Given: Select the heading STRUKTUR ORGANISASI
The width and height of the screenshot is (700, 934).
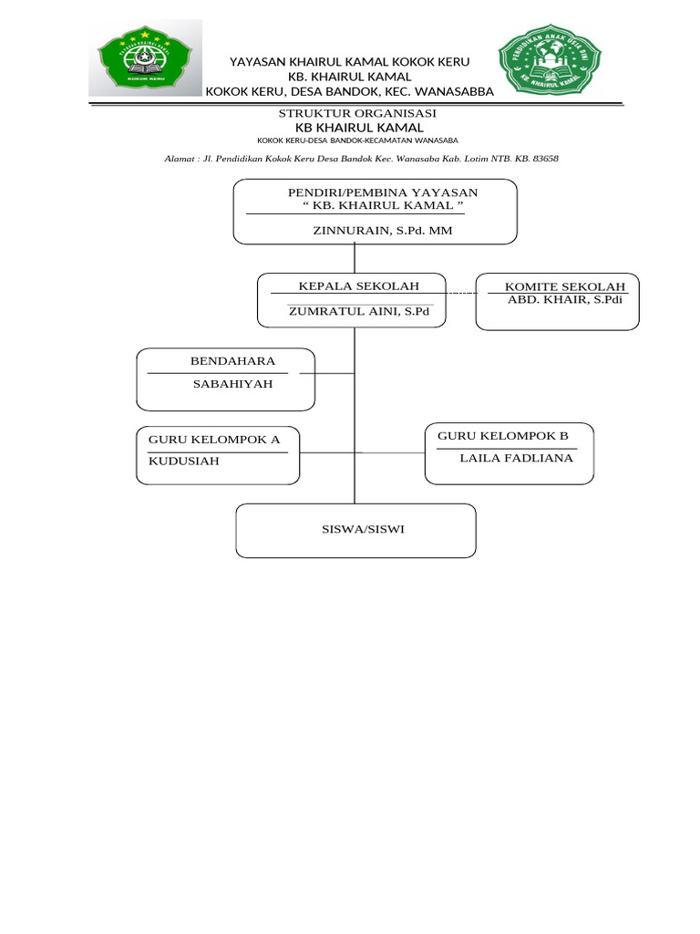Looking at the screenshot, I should (357, 113).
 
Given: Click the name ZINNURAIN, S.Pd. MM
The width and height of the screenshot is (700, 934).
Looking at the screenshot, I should (383, 232).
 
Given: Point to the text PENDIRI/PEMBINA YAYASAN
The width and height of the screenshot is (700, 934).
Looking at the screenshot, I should (383, 192).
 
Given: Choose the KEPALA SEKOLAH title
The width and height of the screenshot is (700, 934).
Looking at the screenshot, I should (353, 286).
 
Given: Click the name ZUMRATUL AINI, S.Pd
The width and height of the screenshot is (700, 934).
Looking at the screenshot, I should (359, 311).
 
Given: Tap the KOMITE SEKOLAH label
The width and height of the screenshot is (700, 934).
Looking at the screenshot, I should (559, 287).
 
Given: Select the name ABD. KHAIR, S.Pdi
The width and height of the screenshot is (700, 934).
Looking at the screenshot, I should (564, 300).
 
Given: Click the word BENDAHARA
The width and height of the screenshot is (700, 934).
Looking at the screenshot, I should (232, 361).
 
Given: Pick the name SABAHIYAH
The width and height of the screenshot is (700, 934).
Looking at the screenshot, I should (232, 384).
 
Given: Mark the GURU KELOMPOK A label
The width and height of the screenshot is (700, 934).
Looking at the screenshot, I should (214, 440).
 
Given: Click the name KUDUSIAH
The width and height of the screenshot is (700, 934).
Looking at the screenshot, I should (184, 461).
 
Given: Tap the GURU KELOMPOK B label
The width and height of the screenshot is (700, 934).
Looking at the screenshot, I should (503, 436).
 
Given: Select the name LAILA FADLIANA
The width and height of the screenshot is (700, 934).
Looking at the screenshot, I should (517, 458).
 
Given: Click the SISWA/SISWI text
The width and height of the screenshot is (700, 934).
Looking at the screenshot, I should (356, 529).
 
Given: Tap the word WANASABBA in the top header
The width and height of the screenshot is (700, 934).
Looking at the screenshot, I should (453, 91).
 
